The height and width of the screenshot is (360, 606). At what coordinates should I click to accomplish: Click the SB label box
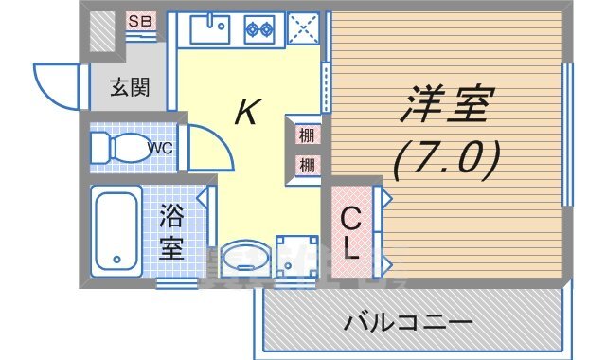click(140, 21)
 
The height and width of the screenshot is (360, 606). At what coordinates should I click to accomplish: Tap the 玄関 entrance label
click(133, 88)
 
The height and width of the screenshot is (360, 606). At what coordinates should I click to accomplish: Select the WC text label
click(160, 148)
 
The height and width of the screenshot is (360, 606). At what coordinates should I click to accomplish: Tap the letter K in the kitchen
click(245, 113)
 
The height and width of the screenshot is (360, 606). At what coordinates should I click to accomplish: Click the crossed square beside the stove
click(303, 28)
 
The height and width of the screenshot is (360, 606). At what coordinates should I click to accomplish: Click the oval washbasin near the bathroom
click(243, 258)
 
